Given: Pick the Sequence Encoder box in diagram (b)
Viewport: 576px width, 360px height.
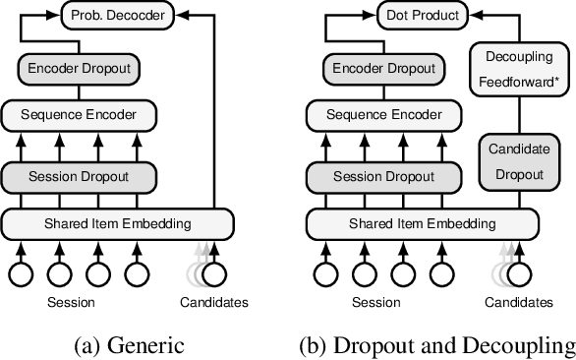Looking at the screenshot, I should click(385, 114).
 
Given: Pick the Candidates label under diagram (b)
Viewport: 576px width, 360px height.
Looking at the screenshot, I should click(519, 303).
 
